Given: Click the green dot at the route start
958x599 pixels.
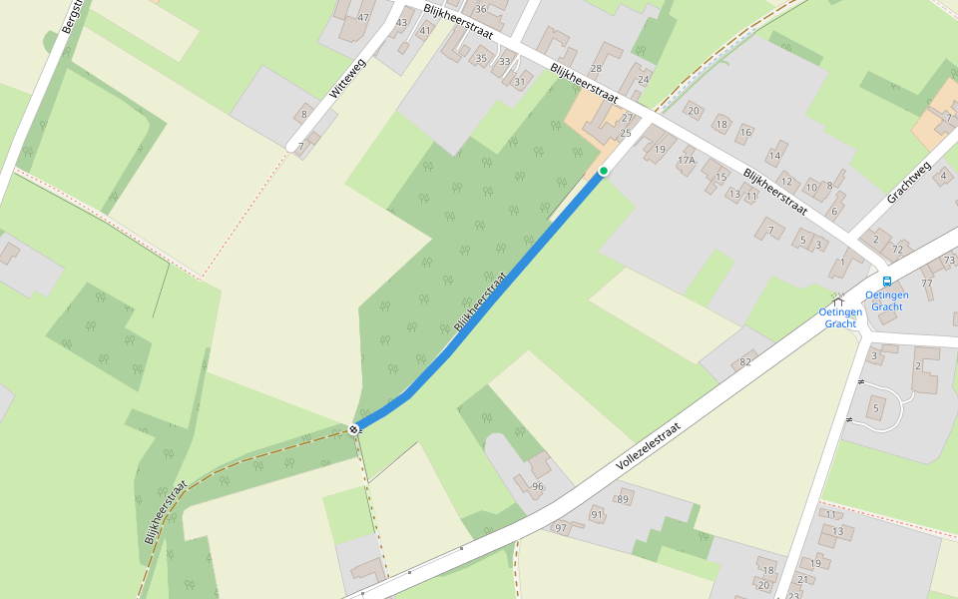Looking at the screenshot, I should (x=604, y=172).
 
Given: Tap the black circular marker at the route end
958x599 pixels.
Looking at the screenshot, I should (x=353, y=429).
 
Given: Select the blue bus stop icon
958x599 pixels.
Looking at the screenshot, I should (x=887, y=282).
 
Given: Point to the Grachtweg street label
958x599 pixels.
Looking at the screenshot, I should (x=908, y=183).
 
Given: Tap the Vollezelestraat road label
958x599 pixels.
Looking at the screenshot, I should (x=648, y=446).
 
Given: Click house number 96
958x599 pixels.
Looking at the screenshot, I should (x=538, y=486).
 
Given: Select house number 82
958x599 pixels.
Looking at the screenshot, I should (x=745, y=361).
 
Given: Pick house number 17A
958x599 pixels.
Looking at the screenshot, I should (x=686, y=160).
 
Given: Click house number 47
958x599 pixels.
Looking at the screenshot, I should (x=363, y=18).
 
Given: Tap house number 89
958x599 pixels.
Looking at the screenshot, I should (x=624, y=499).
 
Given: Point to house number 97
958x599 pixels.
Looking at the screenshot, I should (x=561, y=527).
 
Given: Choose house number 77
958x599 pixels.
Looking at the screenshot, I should (x=927, y=284).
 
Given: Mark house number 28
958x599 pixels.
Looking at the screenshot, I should (x=597, y=69).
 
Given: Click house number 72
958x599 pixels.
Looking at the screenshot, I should (x=897, y=249).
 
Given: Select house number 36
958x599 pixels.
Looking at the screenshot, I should (x=480, y=9).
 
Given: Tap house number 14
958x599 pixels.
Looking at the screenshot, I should (x=773, y=155).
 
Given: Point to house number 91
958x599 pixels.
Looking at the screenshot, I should (x=597, y=515).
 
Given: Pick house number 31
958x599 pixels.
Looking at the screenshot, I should (x=519, y=82).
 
